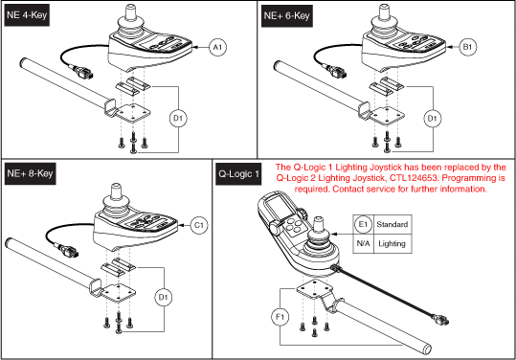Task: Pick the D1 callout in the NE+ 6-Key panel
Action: pyautogui.click(x=431, y=118)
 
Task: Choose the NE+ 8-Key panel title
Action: pyautogui.click(x=32, y=173)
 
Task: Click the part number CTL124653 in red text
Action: pyautogui.click(x=407, y=177)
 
